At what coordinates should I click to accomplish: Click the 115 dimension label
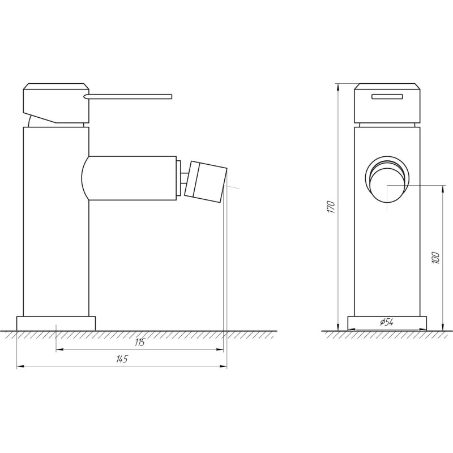tap(140, 342)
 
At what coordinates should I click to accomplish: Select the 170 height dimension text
tap(332, 207)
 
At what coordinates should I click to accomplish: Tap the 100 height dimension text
tap(435, 258)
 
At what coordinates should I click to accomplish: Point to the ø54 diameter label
tap(387, 322)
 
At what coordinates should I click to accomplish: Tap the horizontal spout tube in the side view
tap(133, 177)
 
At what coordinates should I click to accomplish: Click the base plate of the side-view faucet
tap(56, 323)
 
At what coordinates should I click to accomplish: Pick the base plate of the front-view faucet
tap(387, 323)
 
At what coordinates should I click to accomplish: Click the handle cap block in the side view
tap(55, 102)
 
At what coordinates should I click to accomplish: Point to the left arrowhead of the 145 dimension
tap(20, 367)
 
